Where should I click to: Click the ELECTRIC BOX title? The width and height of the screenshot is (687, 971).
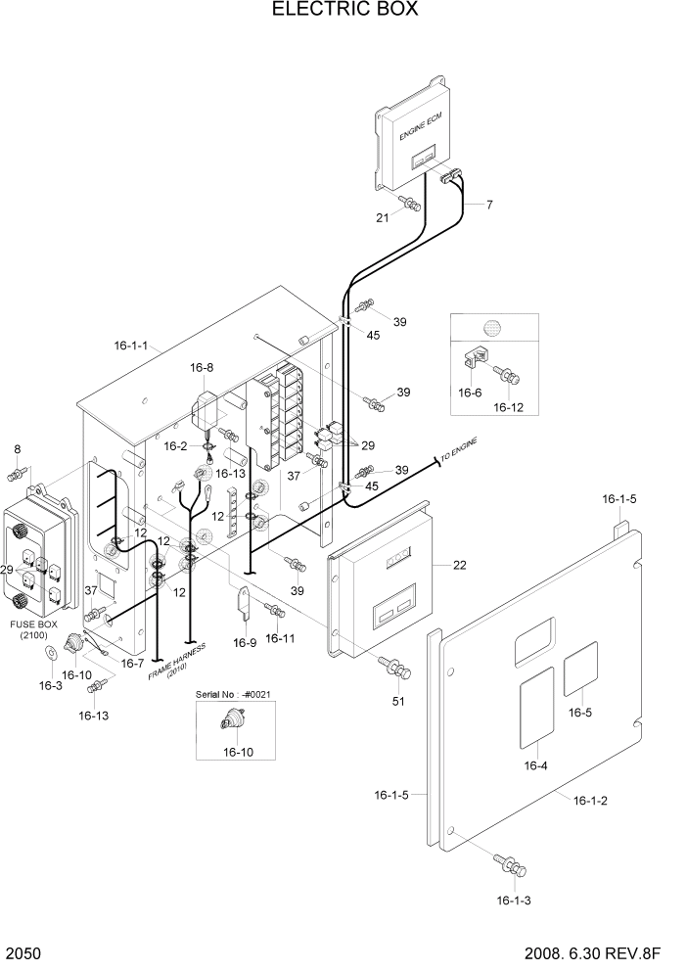343,11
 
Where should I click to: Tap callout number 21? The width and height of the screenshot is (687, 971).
383,217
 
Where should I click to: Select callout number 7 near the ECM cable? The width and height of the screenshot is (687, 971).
488,205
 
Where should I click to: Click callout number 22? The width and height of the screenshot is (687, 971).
461,565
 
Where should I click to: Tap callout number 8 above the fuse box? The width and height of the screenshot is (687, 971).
17,449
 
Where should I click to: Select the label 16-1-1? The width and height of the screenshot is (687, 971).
130,346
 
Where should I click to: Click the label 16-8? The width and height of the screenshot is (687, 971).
202,367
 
